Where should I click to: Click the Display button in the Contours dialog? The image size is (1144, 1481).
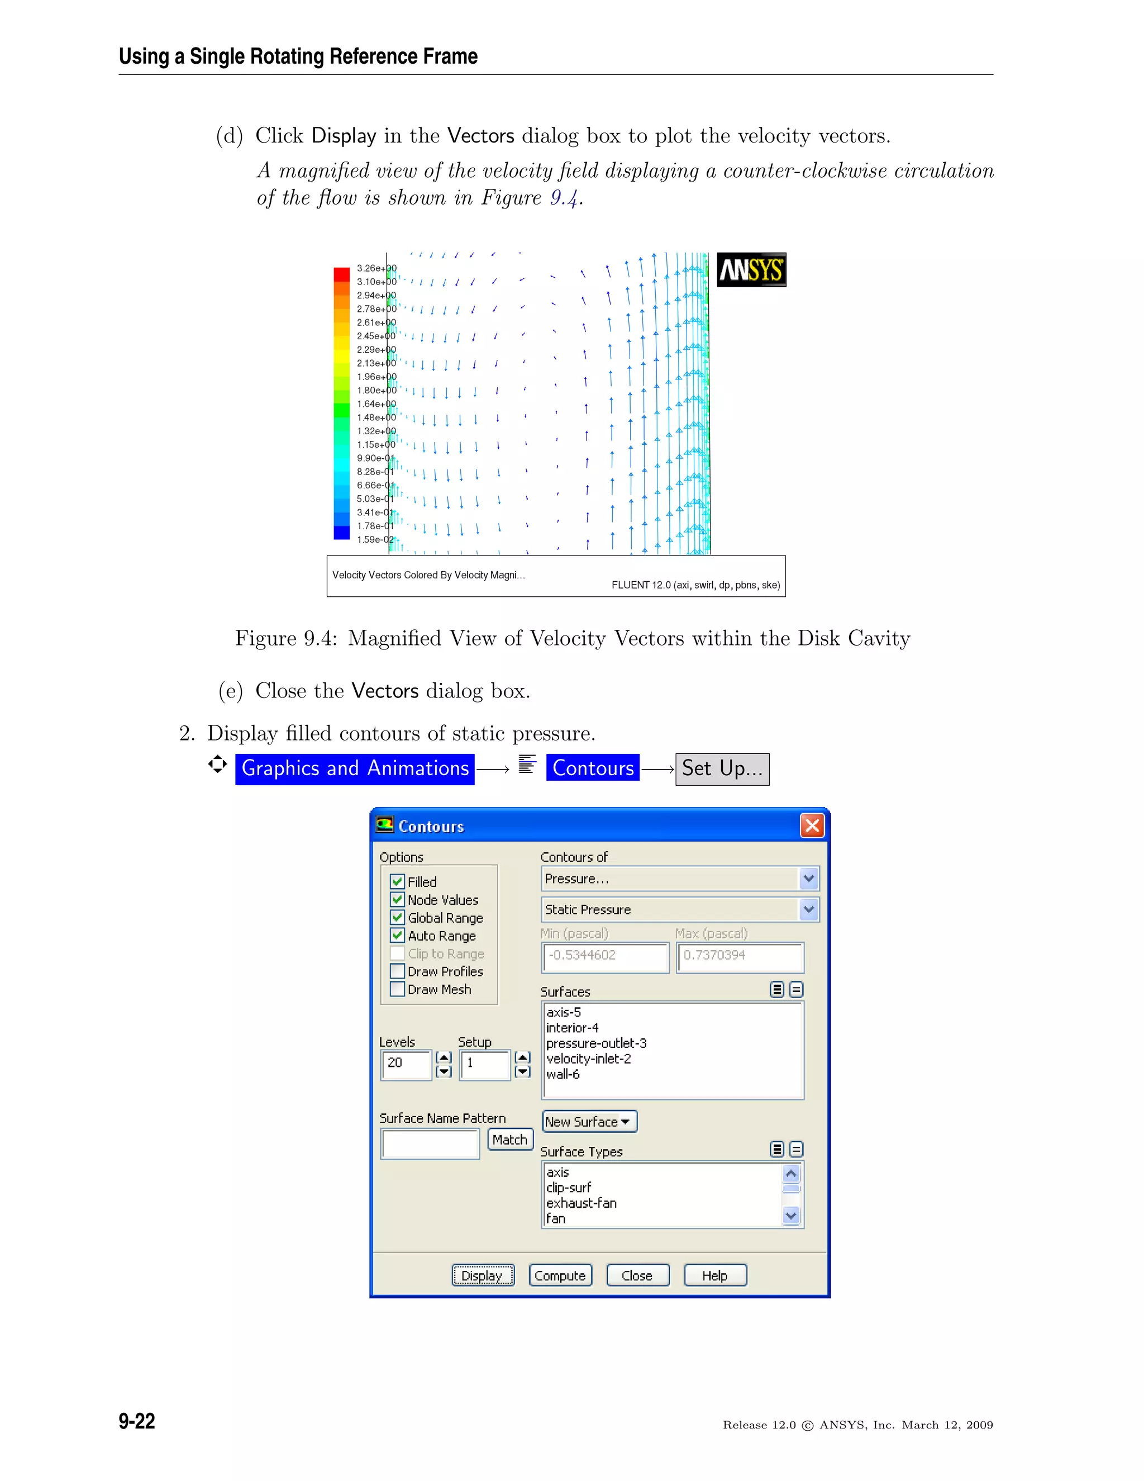click(483, 1275)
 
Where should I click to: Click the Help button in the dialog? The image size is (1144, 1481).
click(715, 1275)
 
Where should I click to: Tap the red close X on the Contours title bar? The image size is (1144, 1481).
click(812, 825)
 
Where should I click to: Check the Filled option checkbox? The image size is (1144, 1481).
click(398, 881)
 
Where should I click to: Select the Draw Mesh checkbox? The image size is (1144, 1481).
click(398, 989)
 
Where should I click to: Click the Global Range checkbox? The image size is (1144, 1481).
click(398, 918)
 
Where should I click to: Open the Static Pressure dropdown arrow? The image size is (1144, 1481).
click(808, 909)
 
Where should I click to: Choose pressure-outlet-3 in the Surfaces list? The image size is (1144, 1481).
click(597, 1043)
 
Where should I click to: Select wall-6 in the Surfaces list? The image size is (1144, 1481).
click(563, 1074)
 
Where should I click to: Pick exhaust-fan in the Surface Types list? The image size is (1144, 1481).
click(581, 1203)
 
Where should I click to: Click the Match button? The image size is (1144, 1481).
click(509, 1140)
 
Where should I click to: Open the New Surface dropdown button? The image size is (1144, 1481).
click(588, 1122)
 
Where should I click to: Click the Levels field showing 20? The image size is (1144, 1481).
click(406, 1062)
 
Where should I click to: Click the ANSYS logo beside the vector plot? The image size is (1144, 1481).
click(751, 270)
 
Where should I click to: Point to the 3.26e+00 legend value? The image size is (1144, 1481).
click(376, 268)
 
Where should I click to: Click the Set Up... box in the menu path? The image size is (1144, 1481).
click(722, 768)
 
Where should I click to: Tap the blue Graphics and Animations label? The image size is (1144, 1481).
click(355, 768)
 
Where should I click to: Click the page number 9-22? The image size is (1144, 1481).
click(137, 1421)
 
